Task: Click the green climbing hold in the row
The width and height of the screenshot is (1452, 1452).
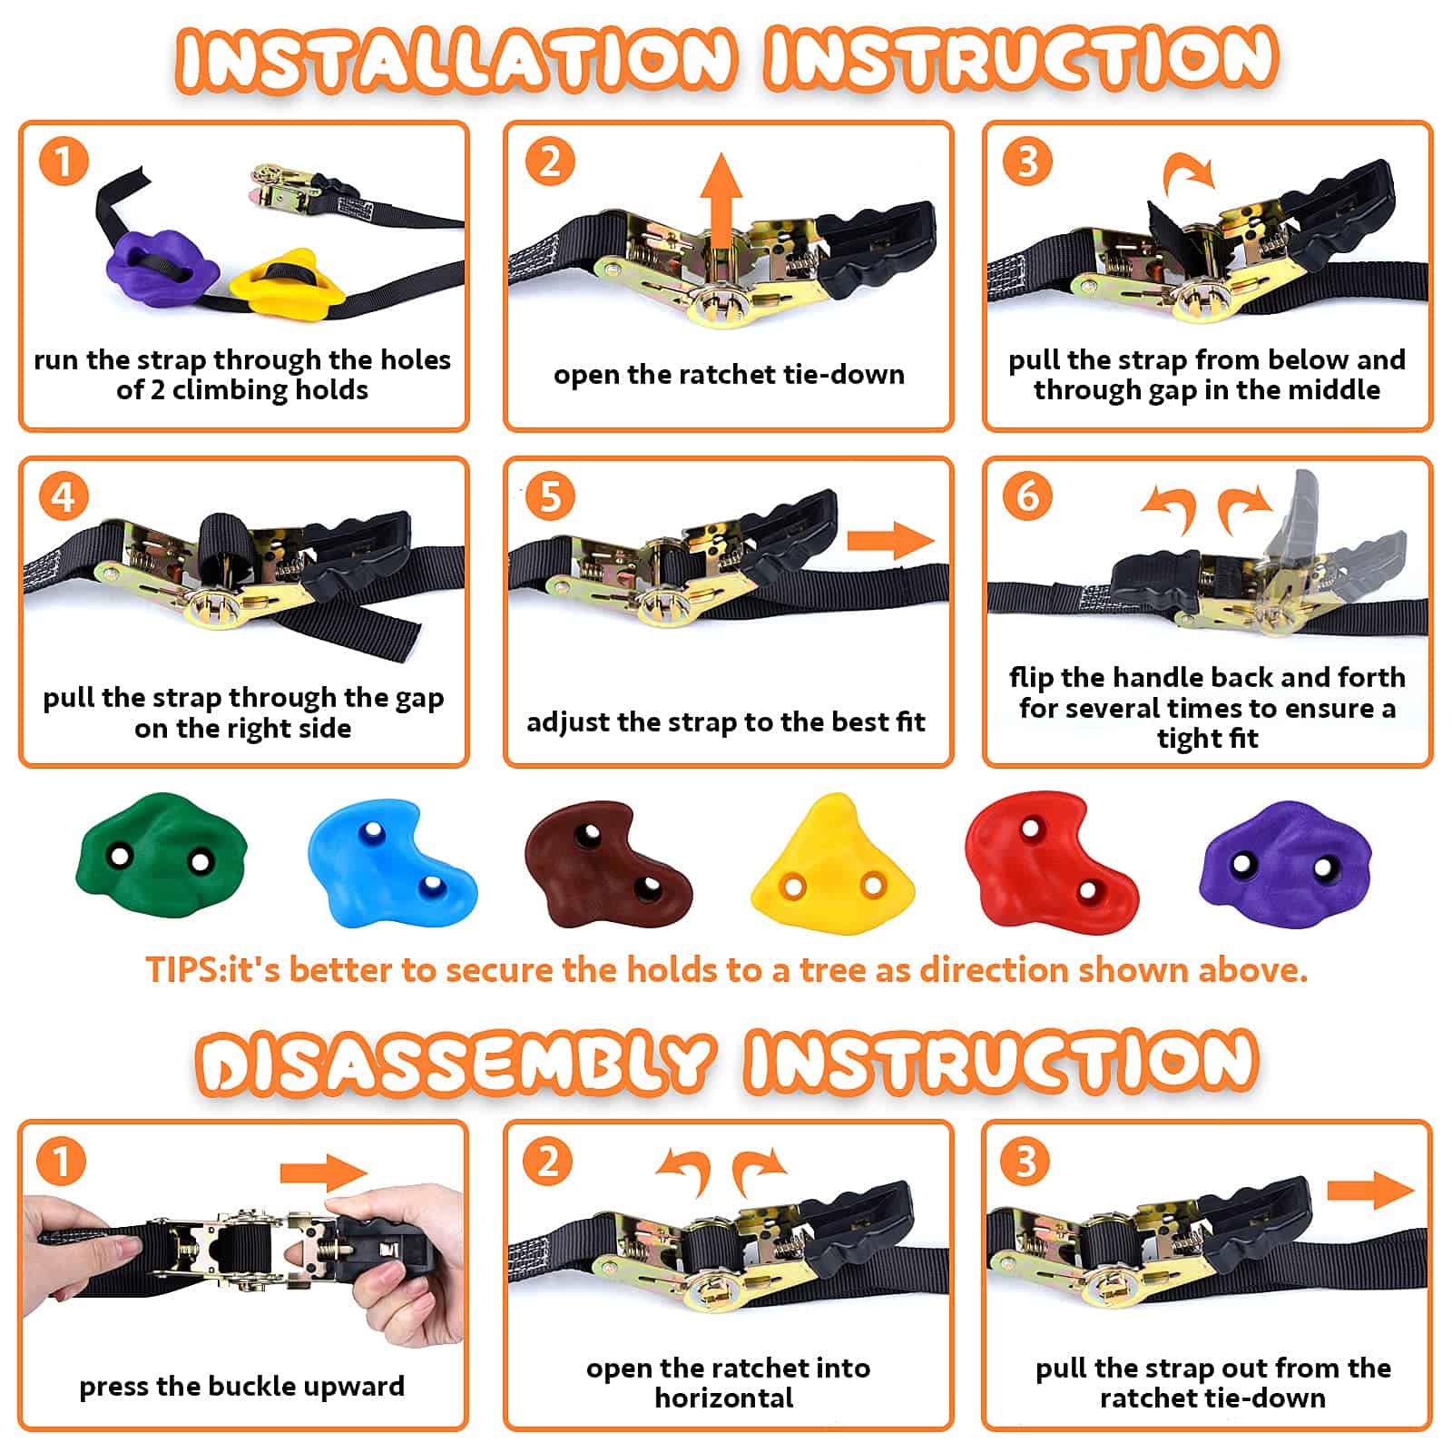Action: (161, 858)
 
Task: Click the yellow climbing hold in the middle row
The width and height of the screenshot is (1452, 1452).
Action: (831, 862)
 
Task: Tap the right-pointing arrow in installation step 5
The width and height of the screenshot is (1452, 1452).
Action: (890, 541)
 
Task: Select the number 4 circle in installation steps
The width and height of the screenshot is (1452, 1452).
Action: (64, 497)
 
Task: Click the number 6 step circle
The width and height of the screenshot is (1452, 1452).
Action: (1027, 496)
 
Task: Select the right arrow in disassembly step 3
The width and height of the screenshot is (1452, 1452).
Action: (1370, 1190)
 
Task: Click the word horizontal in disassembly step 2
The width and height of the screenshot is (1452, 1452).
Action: (724, 1398)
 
